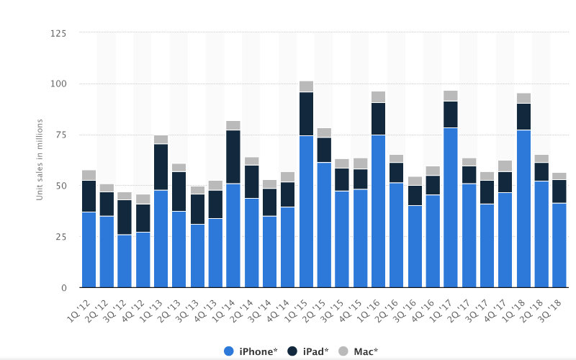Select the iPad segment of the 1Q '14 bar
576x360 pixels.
[x=233, y=157]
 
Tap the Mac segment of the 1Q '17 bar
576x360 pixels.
[x=451, y=96]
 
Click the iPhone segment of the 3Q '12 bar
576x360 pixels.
[x=125, y=261]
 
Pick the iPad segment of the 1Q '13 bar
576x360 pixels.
[x=161, y=167]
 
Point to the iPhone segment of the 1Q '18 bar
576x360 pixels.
[x=523, y=209]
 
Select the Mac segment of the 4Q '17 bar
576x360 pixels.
[x=505, y=166]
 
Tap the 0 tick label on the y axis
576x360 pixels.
[x=64, y=288]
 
